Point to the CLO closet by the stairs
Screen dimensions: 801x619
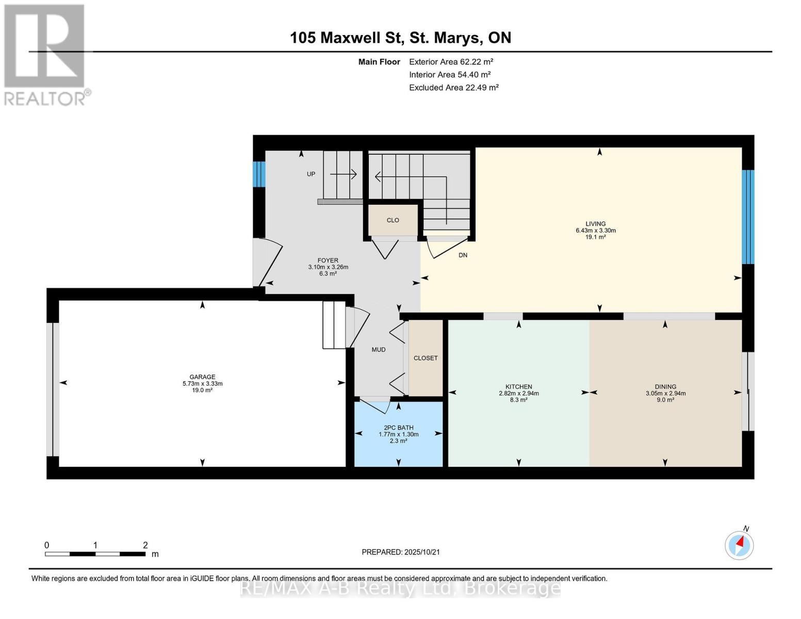coord(393,220)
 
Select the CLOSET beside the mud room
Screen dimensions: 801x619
coord(426,358)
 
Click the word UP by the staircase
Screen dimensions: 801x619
coord(311,174)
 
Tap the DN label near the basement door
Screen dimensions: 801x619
coord(463,255)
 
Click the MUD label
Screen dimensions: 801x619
coord(379,350)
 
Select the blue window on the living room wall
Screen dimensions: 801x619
coord(748,217)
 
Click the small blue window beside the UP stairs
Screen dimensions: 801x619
coord(259,174)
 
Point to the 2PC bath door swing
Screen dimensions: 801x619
coord(376,405)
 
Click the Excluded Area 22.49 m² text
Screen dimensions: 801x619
coord(454,87)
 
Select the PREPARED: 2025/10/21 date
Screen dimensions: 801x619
coord(401,552)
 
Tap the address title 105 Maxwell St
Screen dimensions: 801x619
coord(347,38)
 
